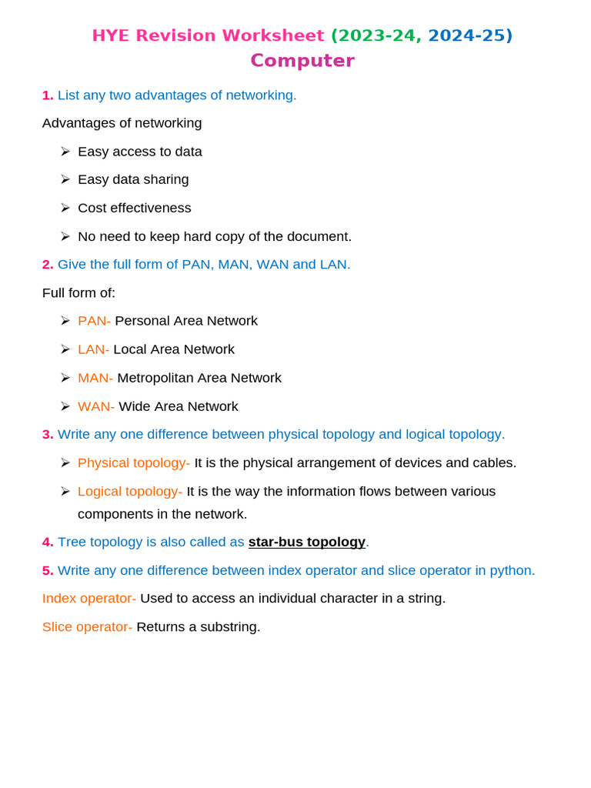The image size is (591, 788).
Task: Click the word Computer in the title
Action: (302, 61)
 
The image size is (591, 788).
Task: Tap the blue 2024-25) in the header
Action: (469, 35)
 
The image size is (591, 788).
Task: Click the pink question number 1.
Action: (48, 95)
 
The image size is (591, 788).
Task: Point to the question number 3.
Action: (48, 435)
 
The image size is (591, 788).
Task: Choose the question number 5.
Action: (48, 571)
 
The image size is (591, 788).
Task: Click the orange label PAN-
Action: (94, 321)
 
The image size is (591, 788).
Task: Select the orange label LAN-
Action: (93, 349)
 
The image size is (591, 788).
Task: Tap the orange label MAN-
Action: (95, 378)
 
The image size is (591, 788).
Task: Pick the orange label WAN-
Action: (96, 406)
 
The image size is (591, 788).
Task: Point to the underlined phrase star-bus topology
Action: (306, 542)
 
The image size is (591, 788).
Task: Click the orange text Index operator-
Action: (89, 599)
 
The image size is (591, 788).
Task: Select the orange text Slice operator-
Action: (87, 627)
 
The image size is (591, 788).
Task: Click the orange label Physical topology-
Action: (134, 463)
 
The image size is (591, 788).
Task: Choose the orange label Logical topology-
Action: (130, 492)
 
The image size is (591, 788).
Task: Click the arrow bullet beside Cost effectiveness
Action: (65, 208)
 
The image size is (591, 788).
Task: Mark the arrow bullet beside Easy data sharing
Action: (65, 179)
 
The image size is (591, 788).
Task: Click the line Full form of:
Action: (78, 293)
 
